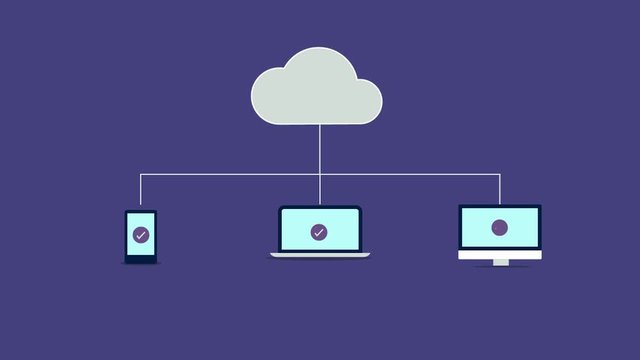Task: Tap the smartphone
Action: pyautogui.click(x=141, y=237)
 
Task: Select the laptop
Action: pyautogui.click(x=319, y=232)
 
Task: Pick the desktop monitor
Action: pyautogui.click(x=500, y=232)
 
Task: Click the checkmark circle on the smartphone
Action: pyautogui.click(x=141, y=236)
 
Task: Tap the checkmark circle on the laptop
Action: pyautogui.click(x=319, y=232)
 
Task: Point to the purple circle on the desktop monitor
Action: pyautogui.click(x=500, y=228)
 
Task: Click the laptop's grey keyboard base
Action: pyautogui.click(x=319, y=255)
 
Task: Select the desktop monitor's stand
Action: pyautogui.click(x=500, y=263)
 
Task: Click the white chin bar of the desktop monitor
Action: pyautogui.click(x=500, y=255)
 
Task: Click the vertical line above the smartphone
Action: pyautogui.click(x=141, y=191)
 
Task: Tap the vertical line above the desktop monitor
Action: pyautogui.click(x=500, y=189)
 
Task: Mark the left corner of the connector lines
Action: pyautogui.click(x=141, y=174)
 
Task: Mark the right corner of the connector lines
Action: pyautogui.click(x=500, y=174)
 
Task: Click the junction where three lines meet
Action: pyautogui.click(x=320, y=174)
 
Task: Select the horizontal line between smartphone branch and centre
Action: pyautogui.click(x=230, y=174)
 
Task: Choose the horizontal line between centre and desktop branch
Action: pyautogui.click(x=410, y=174)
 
